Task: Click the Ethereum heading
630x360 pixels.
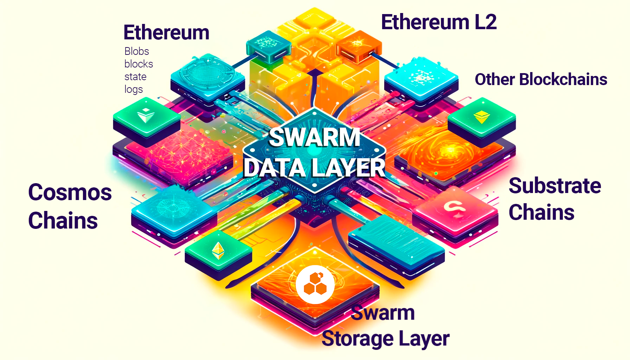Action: pos(166,33)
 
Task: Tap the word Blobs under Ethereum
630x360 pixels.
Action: pos(137,51)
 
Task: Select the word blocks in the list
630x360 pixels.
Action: pos(139,64)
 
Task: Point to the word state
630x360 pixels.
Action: pos(135,77)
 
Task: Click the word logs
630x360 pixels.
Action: pos(134,89)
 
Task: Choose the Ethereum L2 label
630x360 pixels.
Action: pos(439,22)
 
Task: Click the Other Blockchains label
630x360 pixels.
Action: pos(541,79)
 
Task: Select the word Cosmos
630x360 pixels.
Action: pos(70,193)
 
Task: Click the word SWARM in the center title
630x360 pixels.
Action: pos(315,137)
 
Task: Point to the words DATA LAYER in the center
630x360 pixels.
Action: pos(315,168)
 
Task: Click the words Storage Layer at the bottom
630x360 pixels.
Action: pos(385,339)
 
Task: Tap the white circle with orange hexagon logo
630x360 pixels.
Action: pos(315,284)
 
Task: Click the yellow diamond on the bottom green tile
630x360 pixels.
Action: pos(218,251)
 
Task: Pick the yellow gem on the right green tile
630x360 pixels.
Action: pos(481,117)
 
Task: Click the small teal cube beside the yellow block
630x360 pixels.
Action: pos(268,46)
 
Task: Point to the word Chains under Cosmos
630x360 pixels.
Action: pos(63,221)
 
